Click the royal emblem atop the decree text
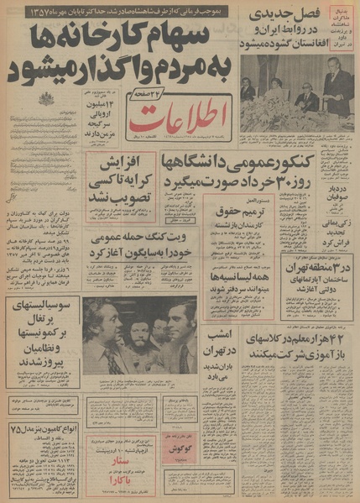(x=44, y=99)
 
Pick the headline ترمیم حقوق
(x=253, y=203)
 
